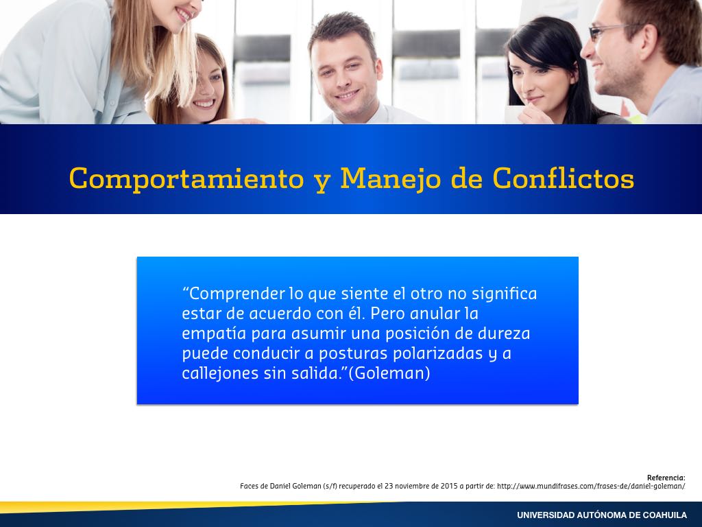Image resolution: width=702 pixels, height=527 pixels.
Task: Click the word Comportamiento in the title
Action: (186, 179)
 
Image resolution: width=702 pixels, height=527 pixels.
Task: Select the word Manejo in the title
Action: (391, 179)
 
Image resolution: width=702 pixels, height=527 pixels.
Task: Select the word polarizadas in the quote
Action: (438, 353)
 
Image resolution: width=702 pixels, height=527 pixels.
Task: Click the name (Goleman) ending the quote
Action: (389, 373)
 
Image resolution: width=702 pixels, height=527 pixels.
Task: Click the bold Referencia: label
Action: (666, 478)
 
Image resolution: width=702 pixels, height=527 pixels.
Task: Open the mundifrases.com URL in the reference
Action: (591, 486)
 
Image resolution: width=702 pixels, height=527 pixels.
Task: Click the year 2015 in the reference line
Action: (449, 486)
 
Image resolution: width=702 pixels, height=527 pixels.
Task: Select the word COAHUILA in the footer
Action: (664, 515)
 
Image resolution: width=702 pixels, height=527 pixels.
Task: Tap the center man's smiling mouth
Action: (347, 95)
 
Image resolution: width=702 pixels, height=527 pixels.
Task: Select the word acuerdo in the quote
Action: (280, 314)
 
